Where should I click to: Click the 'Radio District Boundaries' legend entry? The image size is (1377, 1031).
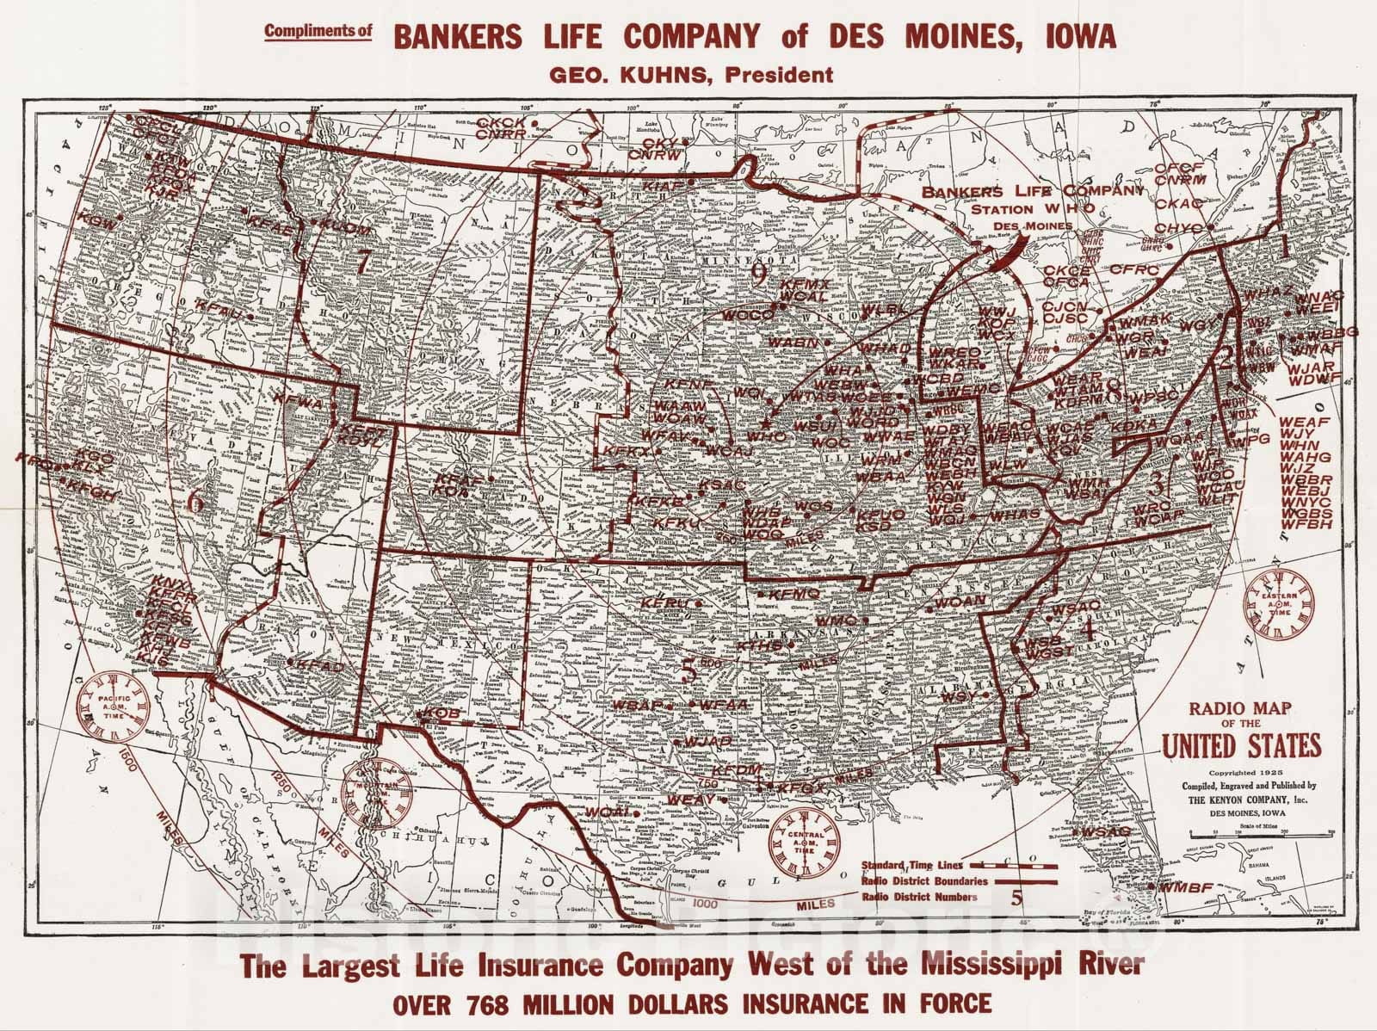click(x=917, y=880)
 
